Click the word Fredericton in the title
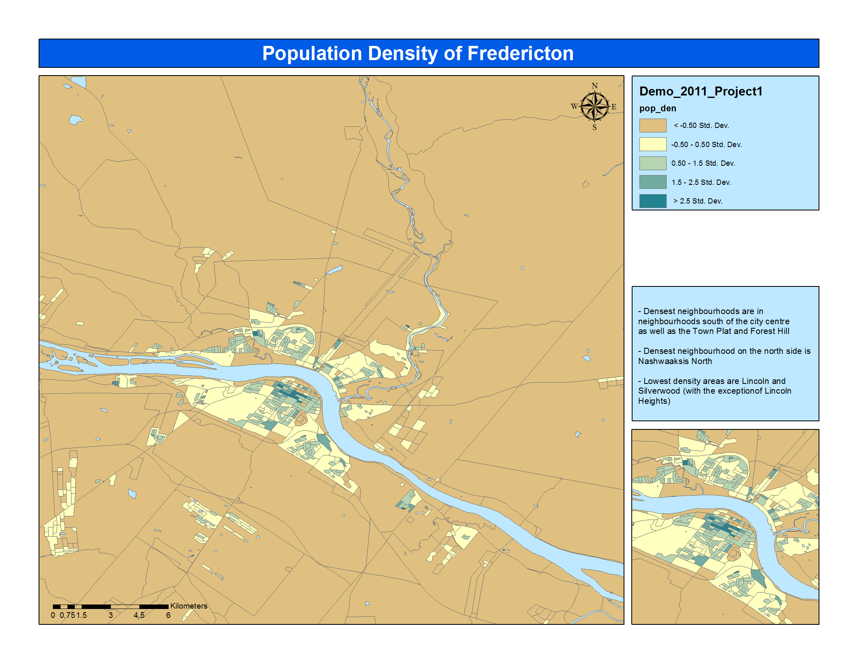(520, 54)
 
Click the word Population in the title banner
(312, 54)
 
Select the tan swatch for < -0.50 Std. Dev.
(652, 126)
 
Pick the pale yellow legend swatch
(652, 144)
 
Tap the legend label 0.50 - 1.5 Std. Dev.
(703, 163)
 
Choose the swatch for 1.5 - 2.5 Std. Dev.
(652, 182)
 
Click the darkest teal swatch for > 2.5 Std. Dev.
(652, 201)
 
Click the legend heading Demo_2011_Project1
(701, 91)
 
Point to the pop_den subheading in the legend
(657, 108)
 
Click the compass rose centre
(594, 107)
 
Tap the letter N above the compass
(594, 86)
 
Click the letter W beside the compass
(574, 106)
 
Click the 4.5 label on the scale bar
(139, 615)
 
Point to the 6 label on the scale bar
(168, 615)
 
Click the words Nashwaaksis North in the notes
(675, 361)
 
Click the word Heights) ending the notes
(654, 401)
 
